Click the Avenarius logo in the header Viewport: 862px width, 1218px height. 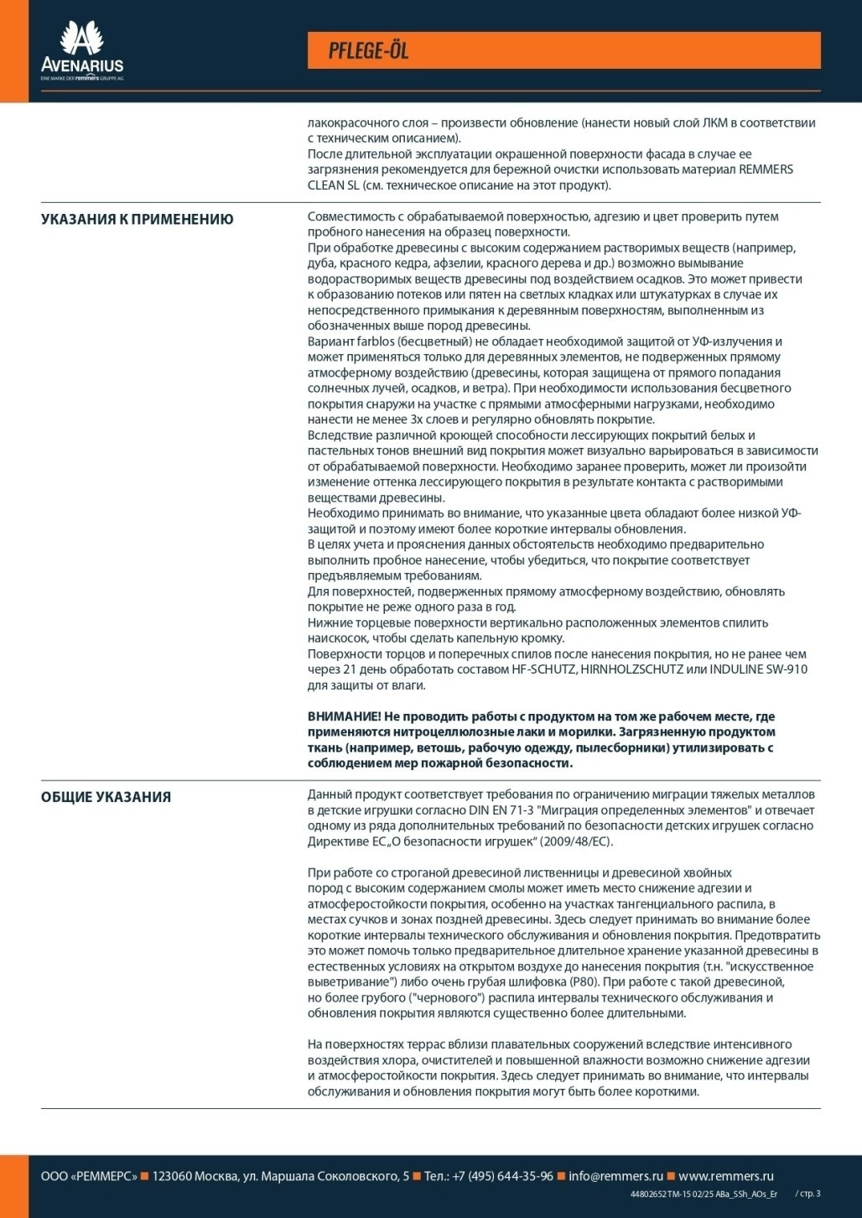[x=82, y=51]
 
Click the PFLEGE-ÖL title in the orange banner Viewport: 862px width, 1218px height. [x=368, y=51]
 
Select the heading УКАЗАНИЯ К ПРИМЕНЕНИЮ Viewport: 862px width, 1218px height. [x=138, y=220]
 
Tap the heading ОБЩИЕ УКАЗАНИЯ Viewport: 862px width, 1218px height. [x=106, y=797]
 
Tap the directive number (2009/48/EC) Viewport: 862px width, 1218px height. [x=577, y=841]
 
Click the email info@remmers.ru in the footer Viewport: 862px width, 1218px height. [x=615, y=1176]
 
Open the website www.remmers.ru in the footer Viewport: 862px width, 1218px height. [x=726, y=1176]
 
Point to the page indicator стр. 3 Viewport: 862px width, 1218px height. [x=809, y=1194]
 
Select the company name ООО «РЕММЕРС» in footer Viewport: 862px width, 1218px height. [x=89, y=1176]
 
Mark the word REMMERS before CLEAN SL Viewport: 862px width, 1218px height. [x=766, y=169]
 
